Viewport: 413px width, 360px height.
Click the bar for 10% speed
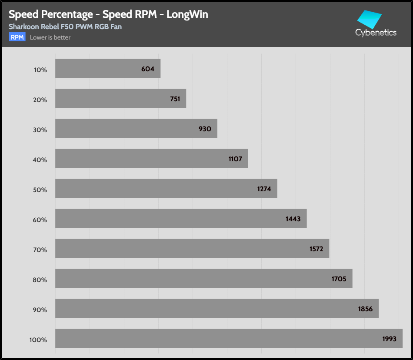pos(108,69)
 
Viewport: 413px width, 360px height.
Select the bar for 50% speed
pos(166,189)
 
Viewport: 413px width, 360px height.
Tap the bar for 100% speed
pos(229,338)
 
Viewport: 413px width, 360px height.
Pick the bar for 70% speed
pos(192,249)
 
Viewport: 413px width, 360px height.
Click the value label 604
pos(148,69)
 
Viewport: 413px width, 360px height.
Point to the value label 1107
pos(235,159)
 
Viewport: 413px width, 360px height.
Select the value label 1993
pos(390,339)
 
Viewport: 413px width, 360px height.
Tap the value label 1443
pos(293,219)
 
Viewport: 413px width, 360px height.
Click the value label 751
pos(175,99)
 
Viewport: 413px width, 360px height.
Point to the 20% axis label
pos(40,100)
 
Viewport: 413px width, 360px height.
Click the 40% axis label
pos(40,160)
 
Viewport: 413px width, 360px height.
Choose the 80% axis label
pos(40,280)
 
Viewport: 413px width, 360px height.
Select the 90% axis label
pos(40,310)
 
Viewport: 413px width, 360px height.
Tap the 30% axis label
pos(40,130)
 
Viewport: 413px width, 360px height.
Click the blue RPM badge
pos(17,37)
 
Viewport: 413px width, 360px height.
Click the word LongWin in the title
pos(187,14)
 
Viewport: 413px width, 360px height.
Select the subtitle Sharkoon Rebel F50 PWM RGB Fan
pos(65,27)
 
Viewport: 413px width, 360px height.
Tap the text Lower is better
pos(50,37)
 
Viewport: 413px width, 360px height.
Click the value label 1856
pos(365,309)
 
